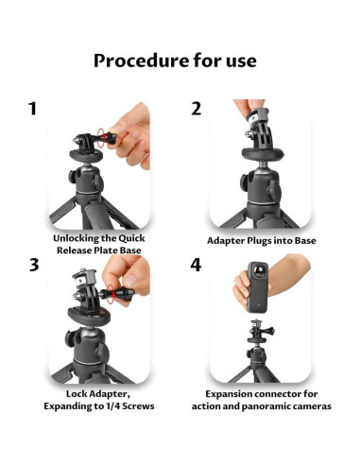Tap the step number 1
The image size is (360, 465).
coord(32,109)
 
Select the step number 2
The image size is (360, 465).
coord(196,109)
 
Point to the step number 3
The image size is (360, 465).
coord(34,265)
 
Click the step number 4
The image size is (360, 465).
coord(196,265)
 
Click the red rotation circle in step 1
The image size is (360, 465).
coord(100,138)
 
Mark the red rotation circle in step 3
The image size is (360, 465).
coord(111,294)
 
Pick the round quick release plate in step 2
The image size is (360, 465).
coord(263,154)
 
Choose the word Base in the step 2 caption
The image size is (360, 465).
coord(305,241)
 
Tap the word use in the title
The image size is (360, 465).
coord(241,62)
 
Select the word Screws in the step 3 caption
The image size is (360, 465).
coord(138,406)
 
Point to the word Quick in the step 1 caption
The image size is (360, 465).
coord(131,238)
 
